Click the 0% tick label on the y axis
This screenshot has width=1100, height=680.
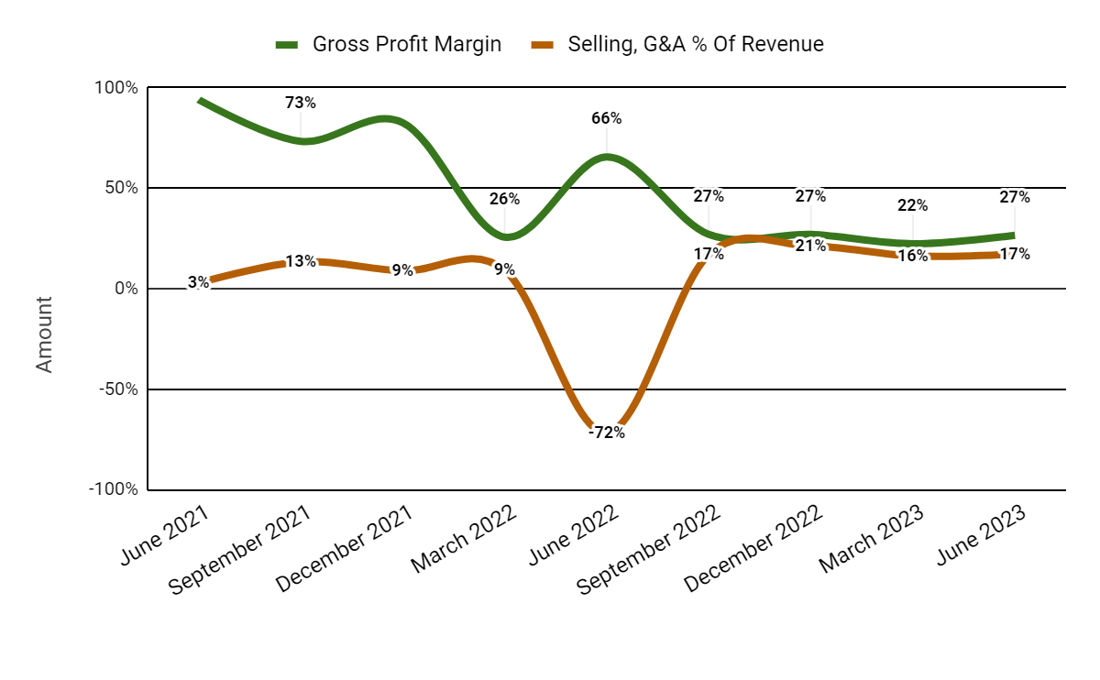(126, 289)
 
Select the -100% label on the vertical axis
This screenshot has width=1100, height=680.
(114, 489)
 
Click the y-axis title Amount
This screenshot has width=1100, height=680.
(44, 334)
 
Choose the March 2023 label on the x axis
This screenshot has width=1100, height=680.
(871, 544)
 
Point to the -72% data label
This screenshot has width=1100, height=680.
(607, 433)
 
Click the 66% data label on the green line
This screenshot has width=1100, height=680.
(607, 118)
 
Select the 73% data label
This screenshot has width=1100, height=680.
(301, 103)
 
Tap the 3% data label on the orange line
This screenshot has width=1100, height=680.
(198, 282)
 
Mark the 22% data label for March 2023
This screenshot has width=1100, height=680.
(912, 205)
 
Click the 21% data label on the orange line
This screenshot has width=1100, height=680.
(810, 246)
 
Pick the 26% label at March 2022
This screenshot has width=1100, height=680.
(504, 199)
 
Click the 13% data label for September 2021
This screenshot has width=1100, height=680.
(301, 261)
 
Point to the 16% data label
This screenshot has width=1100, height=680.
(912, 256)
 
